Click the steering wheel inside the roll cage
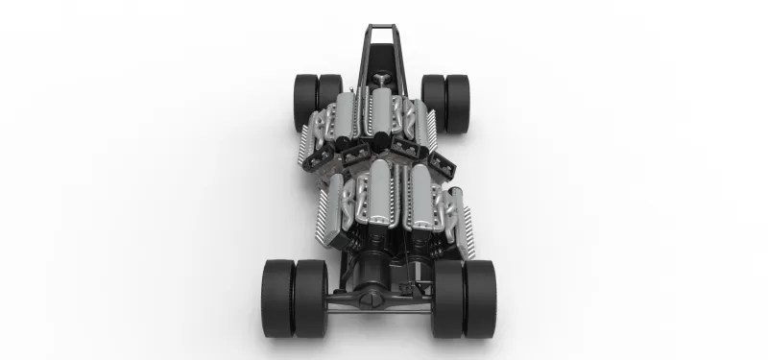[383, 77]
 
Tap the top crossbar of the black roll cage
[382, 26]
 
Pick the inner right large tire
[447, 297]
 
